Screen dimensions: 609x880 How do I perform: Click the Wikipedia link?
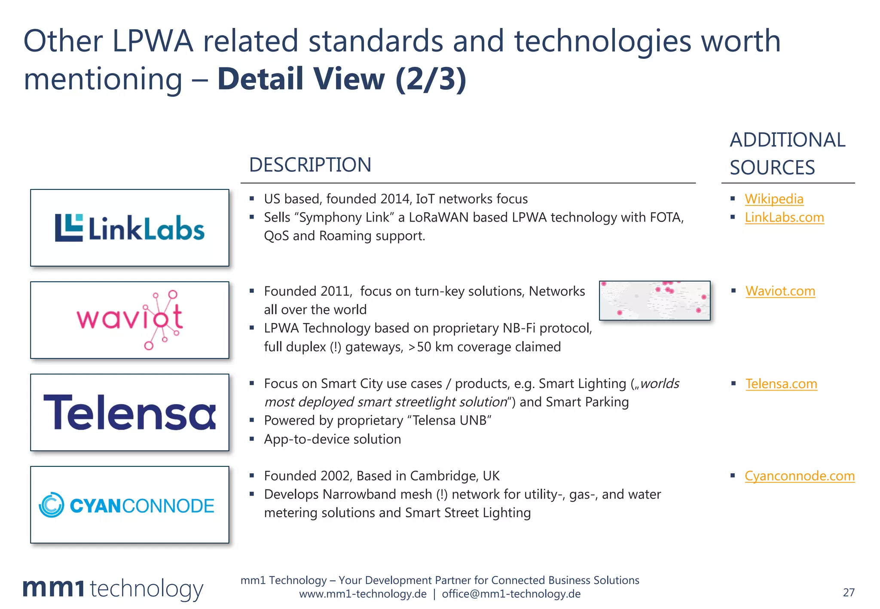[774, 199]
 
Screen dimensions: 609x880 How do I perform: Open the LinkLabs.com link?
[784, 217]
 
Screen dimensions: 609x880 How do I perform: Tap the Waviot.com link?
[780, 291]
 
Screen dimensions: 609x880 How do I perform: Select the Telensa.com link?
[781, 384]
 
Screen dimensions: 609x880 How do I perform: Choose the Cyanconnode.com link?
[800, 476]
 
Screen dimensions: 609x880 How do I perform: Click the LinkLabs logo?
[130, 228]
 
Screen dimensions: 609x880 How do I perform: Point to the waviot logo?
[130, 320]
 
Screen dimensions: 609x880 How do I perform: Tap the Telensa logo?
[130, 412]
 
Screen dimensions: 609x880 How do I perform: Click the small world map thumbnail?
[654, 301]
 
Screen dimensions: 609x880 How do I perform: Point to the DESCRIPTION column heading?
[310, 165]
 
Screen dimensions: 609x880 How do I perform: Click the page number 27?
[849, 592]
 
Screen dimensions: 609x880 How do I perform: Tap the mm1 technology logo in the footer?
[113, 589]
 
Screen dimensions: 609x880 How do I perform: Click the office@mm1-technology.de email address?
[511, 594]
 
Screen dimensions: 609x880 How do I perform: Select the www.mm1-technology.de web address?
[363, 594]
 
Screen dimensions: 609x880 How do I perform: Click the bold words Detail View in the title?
[301, 79]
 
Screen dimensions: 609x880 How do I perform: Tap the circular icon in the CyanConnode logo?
[52, 505]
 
